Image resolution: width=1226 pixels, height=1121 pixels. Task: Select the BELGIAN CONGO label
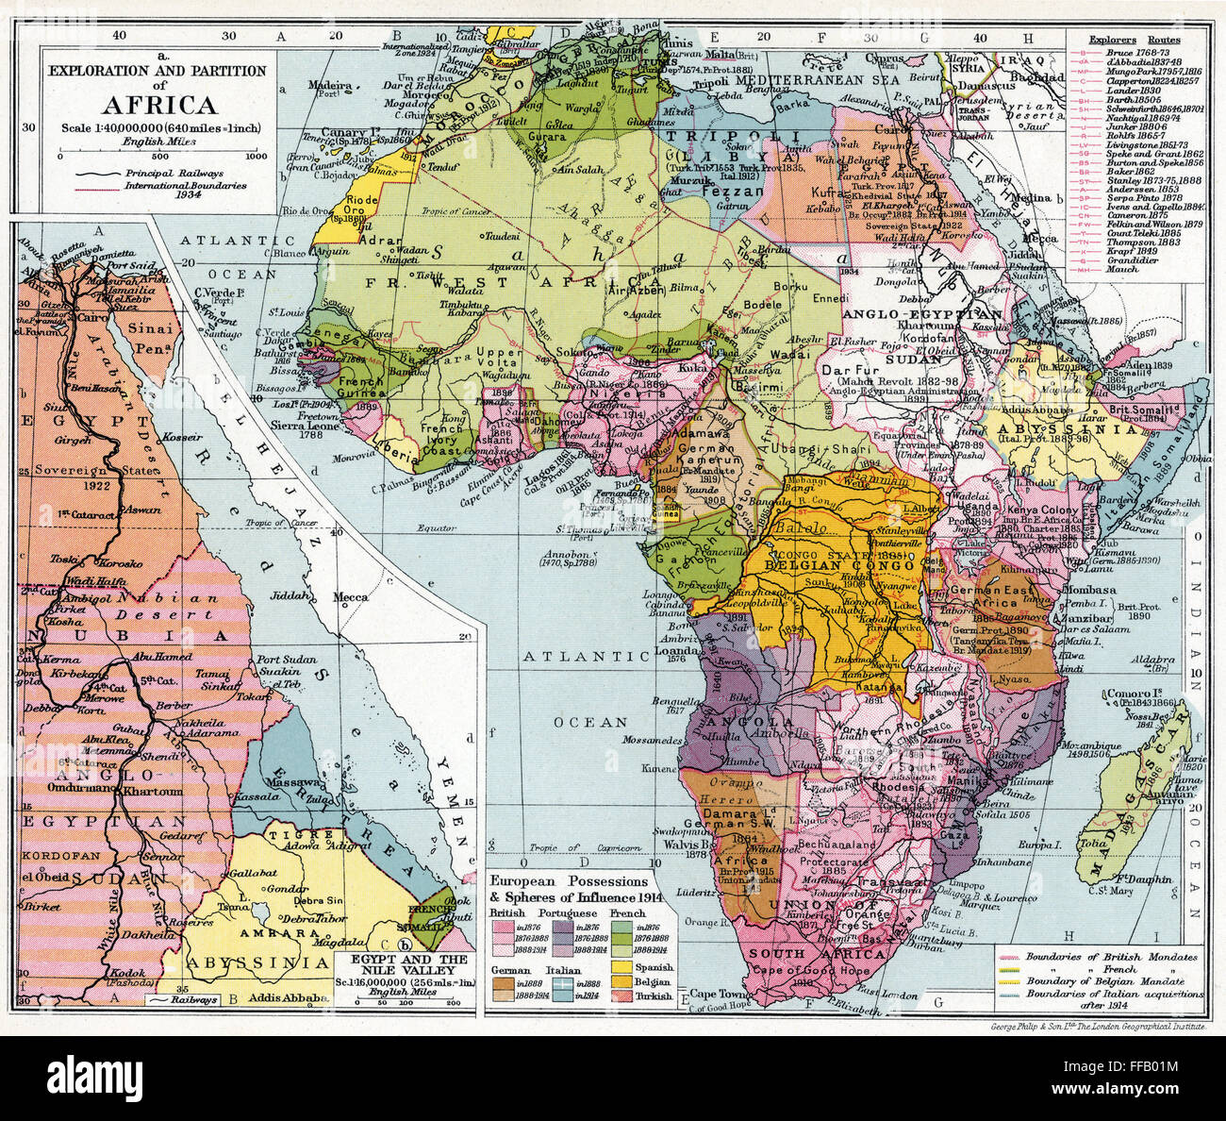coord(845,565)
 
